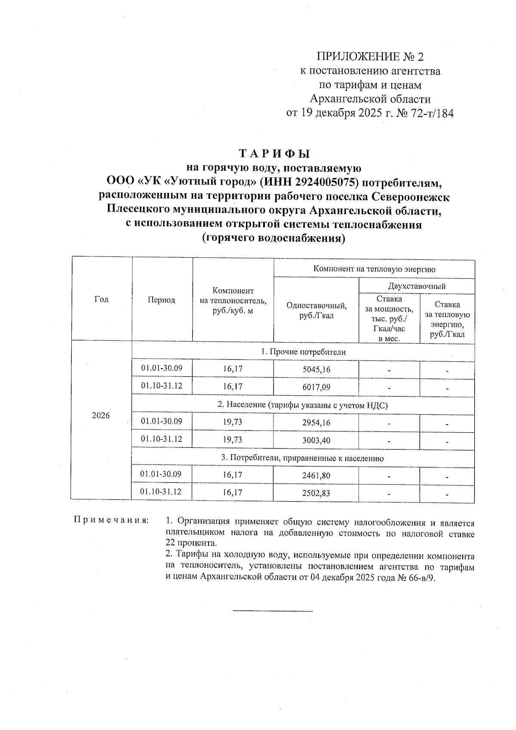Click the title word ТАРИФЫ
click(274, 154)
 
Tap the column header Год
click(101, 299)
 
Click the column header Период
click(161, 300)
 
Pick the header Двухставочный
click(417, 286)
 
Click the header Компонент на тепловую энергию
click(374, 269)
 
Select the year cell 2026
click(101, 416)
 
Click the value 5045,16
click(316, 370)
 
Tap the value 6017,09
click(316, 387)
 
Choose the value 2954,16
click(316, 422)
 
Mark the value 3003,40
click(316, 440)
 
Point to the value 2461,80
click(316, 475)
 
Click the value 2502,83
click(316, 493)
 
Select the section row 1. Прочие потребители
click(303, 352)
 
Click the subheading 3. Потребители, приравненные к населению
click(302, 458)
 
